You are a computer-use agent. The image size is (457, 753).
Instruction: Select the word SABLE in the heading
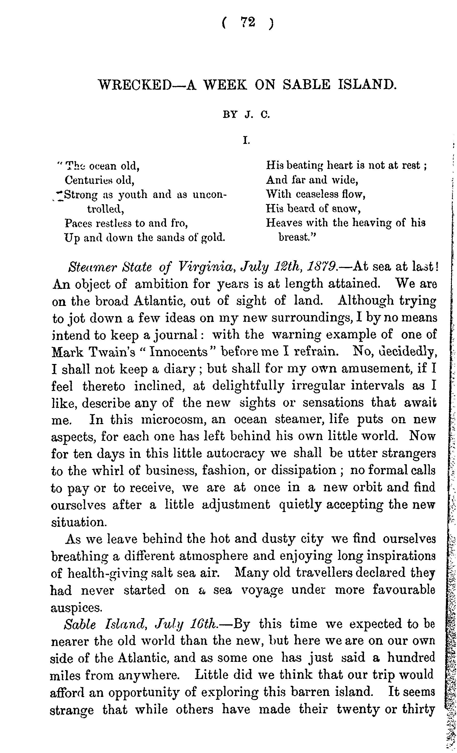point(306,85)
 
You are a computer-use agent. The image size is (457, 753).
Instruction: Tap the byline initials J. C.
point(257,115)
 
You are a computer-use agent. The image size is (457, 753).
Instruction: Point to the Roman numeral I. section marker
point(246,141)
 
